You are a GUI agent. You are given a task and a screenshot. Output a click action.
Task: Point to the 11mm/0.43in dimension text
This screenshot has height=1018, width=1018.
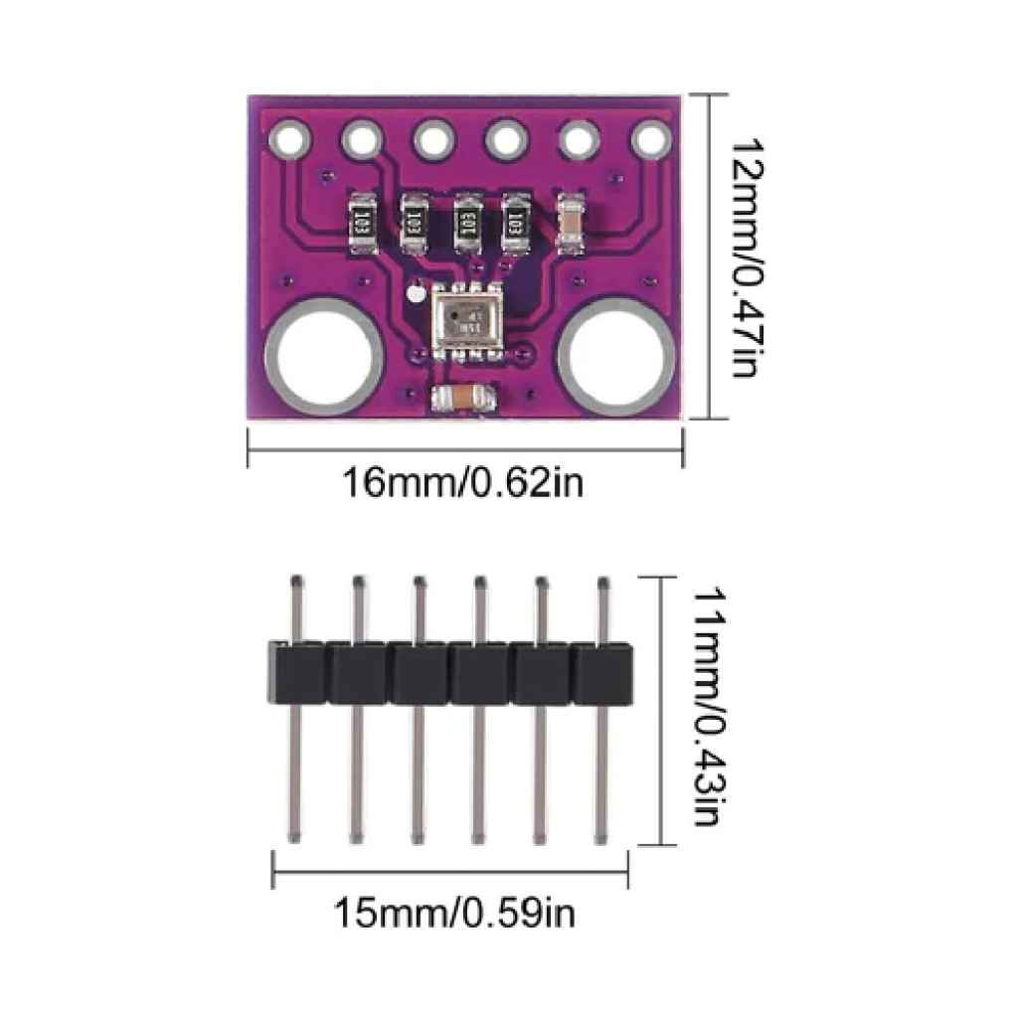(x=705, y=706)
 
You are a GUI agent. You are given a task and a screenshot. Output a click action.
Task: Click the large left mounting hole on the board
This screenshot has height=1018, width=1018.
(x=324, y=355)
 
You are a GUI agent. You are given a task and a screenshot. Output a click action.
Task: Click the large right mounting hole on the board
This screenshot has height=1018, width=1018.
(x=615, y=356)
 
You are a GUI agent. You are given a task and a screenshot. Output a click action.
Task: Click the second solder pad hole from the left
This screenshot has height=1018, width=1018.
(x=361, y=138)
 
